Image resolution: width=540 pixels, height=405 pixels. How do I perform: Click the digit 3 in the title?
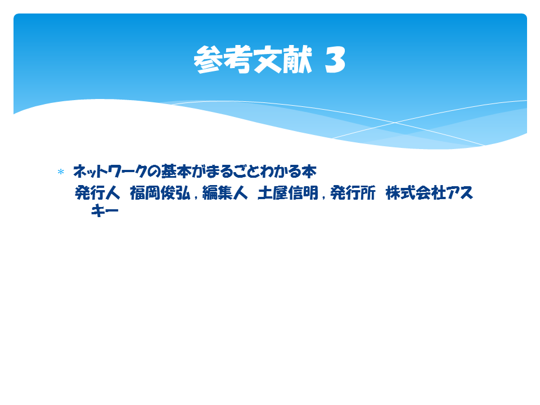335,60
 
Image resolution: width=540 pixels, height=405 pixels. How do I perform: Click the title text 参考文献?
253,59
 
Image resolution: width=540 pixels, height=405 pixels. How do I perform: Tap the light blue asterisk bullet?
61,172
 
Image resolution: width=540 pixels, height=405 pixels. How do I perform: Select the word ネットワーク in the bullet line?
110,172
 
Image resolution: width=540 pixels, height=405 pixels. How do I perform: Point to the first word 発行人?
97,192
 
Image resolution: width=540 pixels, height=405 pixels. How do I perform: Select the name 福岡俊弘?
160,192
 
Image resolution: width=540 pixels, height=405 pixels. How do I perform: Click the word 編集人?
225,192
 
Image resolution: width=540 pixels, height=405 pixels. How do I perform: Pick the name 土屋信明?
288,192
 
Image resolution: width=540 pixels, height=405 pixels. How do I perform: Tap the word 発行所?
353,192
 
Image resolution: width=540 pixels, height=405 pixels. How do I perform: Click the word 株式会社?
416,192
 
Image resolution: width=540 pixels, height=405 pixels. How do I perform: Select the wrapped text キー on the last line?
105,211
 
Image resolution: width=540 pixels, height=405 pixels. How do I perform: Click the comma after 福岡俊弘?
196,197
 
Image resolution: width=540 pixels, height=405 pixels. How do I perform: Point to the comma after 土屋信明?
324,197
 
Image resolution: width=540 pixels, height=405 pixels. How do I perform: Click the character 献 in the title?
298,59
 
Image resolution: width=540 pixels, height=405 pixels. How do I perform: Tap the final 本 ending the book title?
309,171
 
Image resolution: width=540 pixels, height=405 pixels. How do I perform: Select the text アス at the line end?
460,192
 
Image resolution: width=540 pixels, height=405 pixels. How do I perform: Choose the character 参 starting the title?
208,60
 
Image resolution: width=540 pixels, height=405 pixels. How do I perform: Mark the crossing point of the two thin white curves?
395,122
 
